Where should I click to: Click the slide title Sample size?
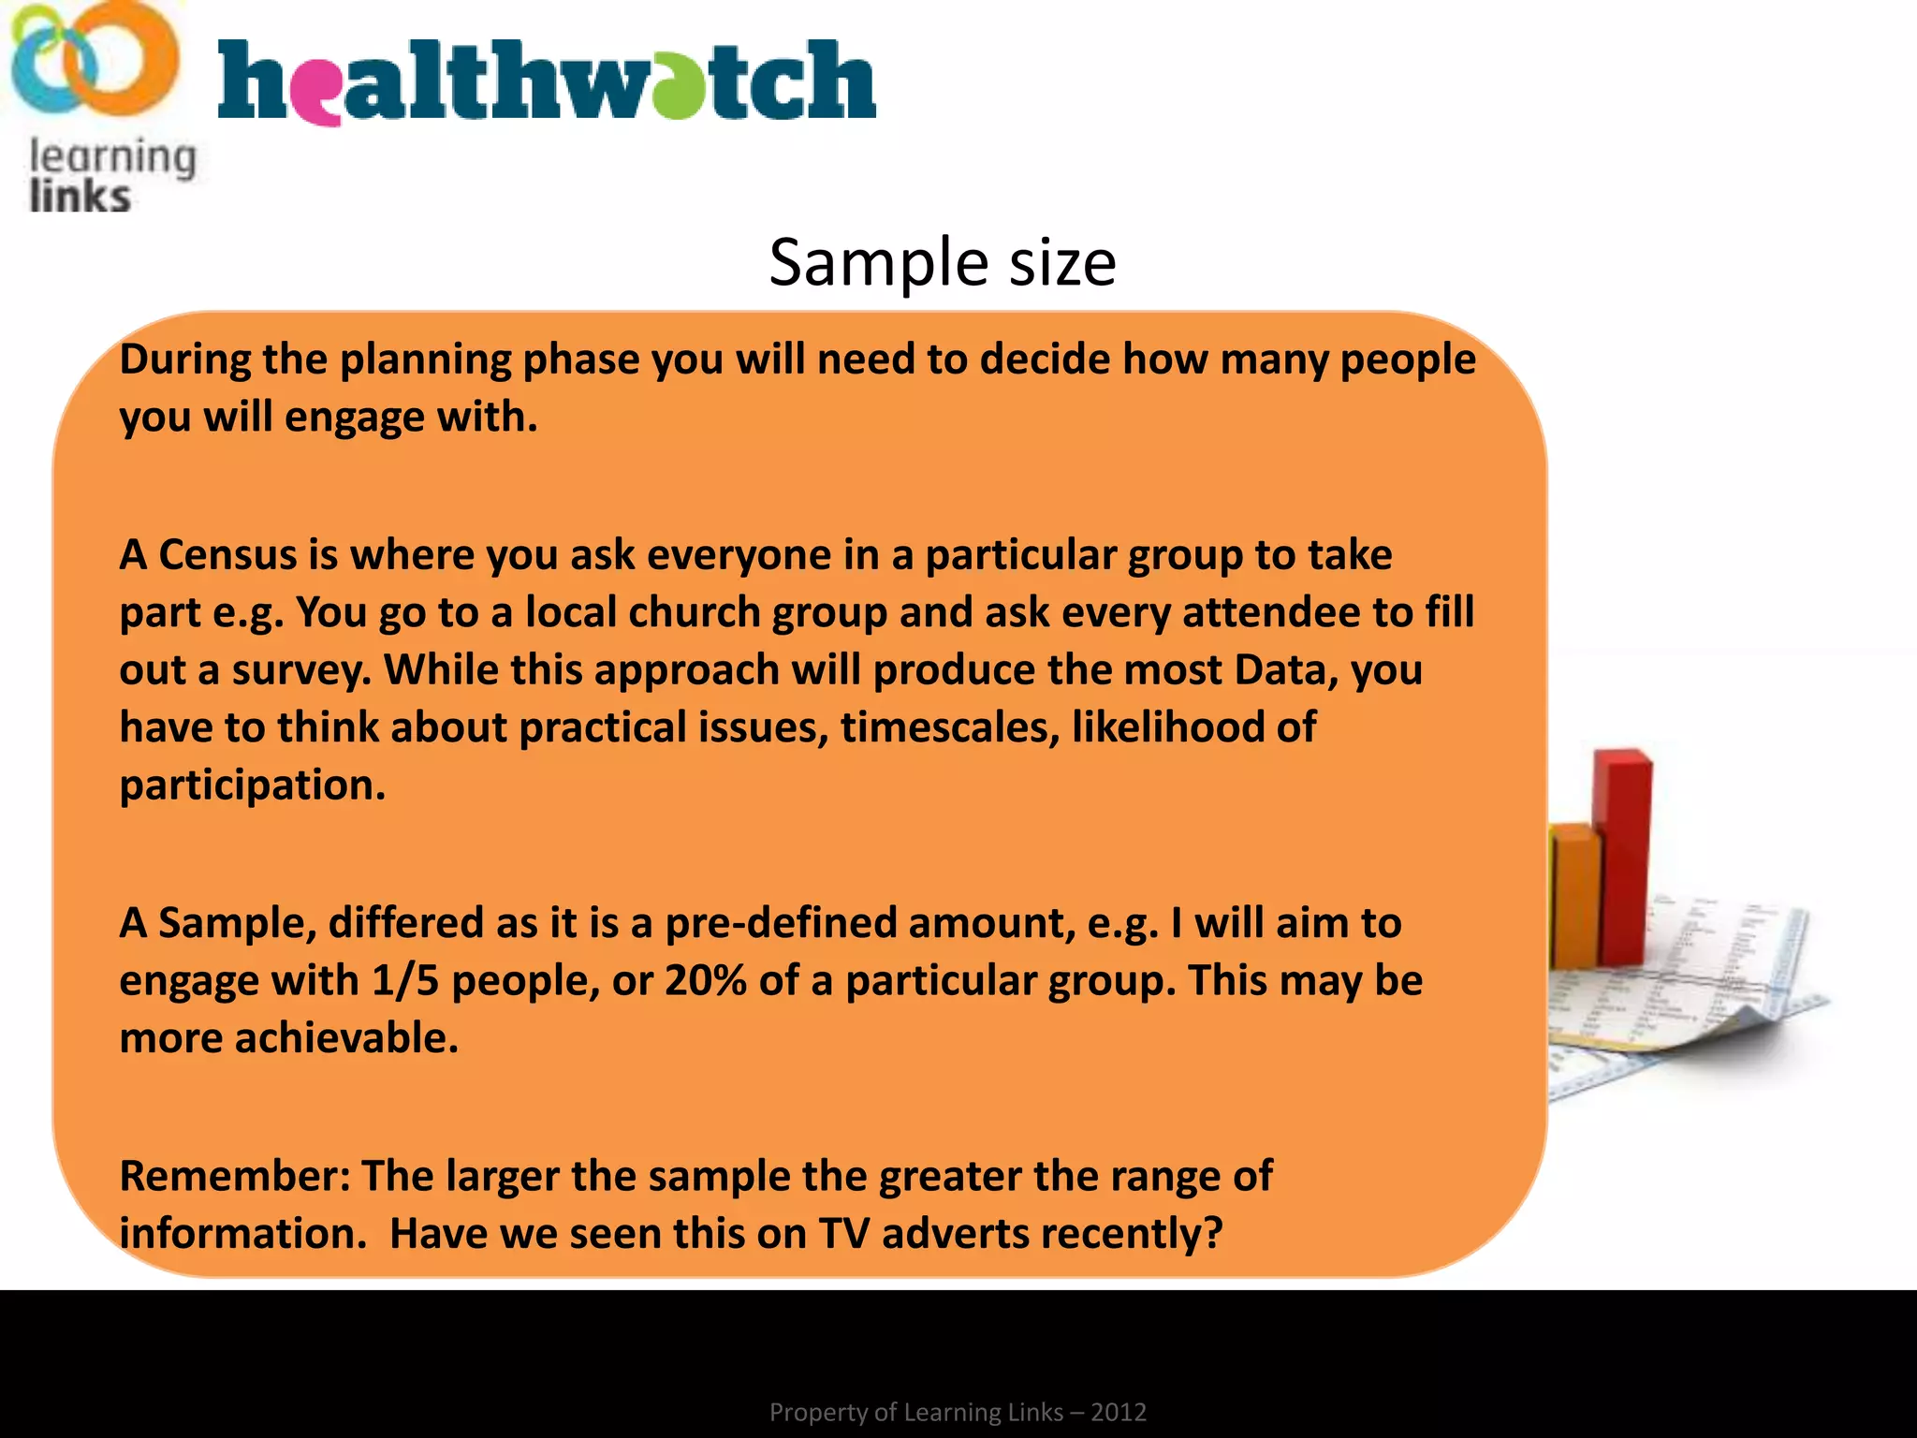[x=942, y=263]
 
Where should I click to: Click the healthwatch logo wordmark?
[x=547, y=81]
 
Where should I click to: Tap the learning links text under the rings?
[x=110, y=176]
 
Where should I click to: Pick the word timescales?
[x=949, y=727]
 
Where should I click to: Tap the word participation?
[x=252, y=785]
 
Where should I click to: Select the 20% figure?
[x=705, y=981]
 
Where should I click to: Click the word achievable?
[x=346, y=1038]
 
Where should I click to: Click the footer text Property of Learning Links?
[x=957, y=1412]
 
